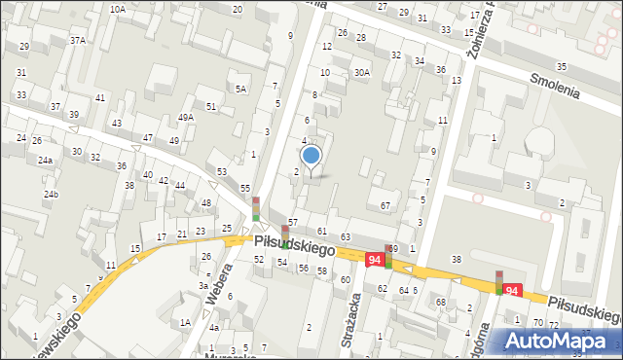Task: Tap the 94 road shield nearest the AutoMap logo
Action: (x=513, y=290)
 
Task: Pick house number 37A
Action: (x=78, y=40)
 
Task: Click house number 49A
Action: (x=185, y=118)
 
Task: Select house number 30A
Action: (x=362, y=72)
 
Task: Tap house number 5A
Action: (x=240, y=89)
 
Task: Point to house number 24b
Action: (x=51, y=195)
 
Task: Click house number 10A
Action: (x=117, y=9)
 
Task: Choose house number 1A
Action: (x=184, y=322)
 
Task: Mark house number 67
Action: (x=385, y=205)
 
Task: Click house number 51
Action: (x=210, y=106)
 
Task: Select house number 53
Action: (x=222, y=172)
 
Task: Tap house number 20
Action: (x=237, y=9)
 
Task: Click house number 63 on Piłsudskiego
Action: (x=345, y=237)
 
